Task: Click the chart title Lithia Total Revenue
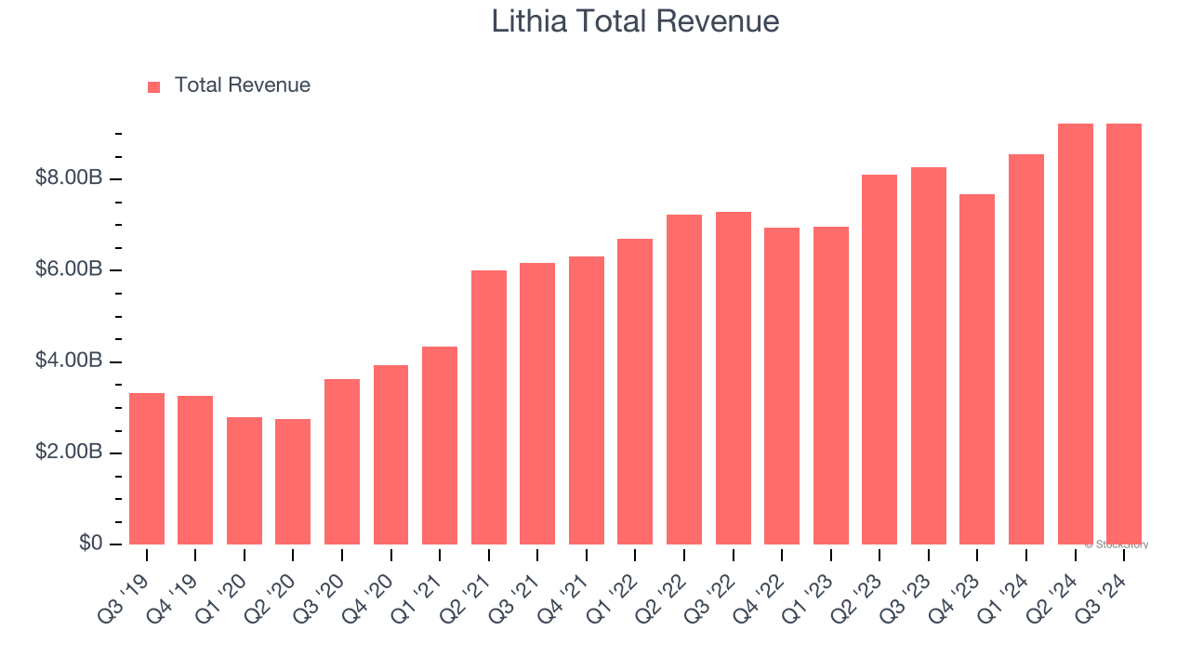tap(635, 21)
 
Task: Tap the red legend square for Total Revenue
tap(153, 86)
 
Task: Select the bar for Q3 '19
tap(147, 468)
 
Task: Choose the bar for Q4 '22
tap(782, 386)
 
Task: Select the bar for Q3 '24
tap(1124, 334)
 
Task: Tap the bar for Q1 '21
tap(440, 445)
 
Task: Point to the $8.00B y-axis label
tap(69, 177)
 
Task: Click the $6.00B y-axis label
tap(69, 269)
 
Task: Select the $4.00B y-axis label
tap(69, 361)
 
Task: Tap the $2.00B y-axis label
tap(69, 453)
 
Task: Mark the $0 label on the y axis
tap(90, 544)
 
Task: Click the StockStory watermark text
tap(1117, 544)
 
